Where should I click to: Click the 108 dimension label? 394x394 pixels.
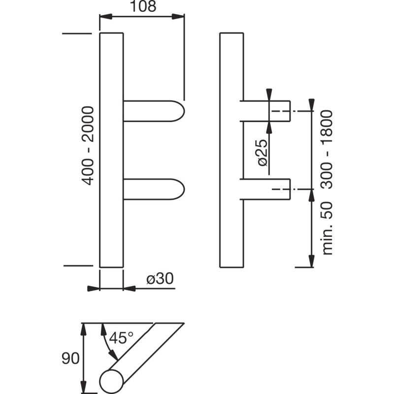pyautogui.click(x=143, y=6)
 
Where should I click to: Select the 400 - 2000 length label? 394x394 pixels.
pyautogui.click(x=88, y=146)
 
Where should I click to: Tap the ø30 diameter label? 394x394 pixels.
pyautogui.click(x=160, y=278)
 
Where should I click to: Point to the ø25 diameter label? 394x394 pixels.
pyautogui.click(x=263, y=153)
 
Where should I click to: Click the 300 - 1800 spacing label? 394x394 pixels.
pyautogui.click(x=327, y=149)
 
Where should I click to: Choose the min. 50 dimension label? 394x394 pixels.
pyautogui.click(x=327, y=228)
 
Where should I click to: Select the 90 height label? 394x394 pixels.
pyautogui.click(x=70, y=359)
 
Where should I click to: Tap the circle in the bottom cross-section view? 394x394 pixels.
pyautogui.click(x=112, y=381)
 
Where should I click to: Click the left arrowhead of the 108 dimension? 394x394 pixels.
pyautogui.click(x=105, y=17)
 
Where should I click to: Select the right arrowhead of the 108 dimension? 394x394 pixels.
pyautogui.click(x=178, y=17)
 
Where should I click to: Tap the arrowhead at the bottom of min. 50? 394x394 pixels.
pyautogui.click(x=312, y=262)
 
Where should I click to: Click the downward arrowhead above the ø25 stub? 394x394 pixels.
pyautogui.click(x=269, y=95)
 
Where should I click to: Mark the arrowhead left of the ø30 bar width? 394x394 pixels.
pyautogui.click(x=94, y=289)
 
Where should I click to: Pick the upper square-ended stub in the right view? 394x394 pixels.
pyautogui.click(x=265, y=111)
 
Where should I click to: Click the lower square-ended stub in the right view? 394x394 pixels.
pyautogui.click(x=265, y=189)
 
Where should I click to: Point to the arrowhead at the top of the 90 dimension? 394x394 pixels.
pyautogui.click(x=84, y=329)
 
